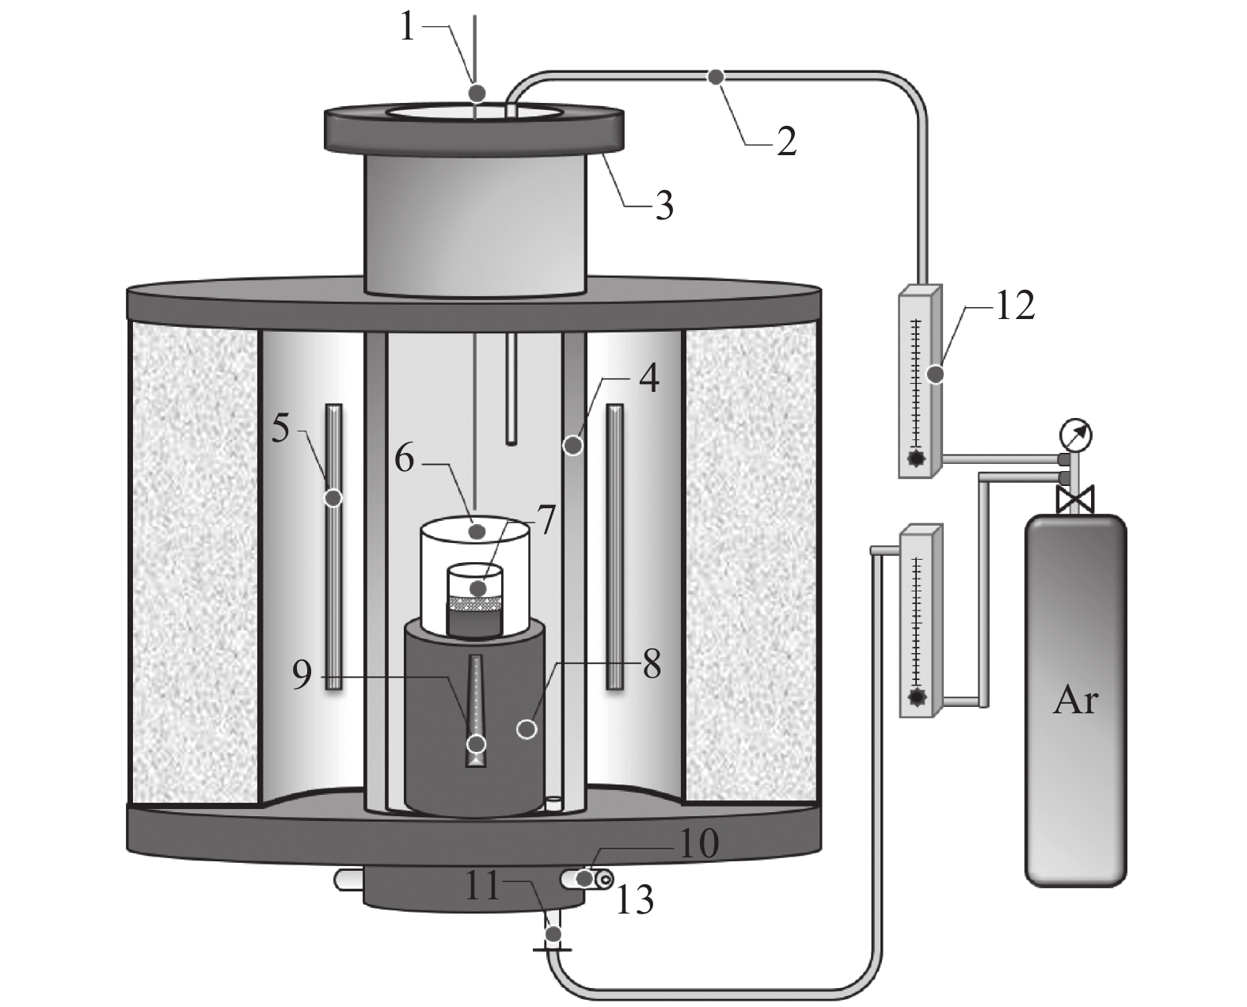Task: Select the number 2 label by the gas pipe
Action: tap(785, 141)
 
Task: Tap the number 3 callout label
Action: tap(663, 206)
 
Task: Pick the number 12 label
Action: tap(1013, 306)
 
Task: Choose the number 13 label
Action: tap(635, 900)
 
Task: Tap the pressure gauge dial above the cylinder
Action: tap(1075, 435)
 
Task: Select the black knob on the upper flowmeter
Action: tap(917, 458)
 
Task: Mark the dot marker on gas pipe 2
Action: tap(716, 77)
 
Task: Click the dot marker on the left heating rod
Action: tap(333, 498)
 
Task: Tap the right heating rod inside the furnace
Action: tap(614, 546)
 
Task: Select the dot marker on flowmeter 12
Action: tap(935, 374)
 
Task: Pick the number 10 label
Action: tap(698, 845)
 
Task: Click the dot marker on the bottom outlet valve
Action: tap(553, 934)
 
